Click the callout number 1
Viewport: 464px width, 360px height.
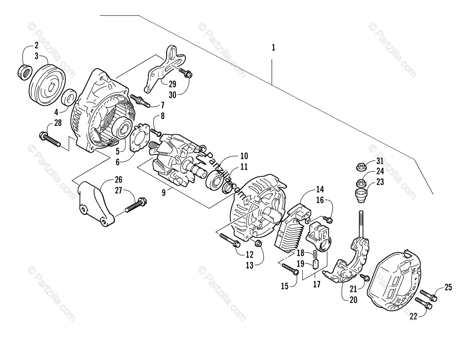click(273, 48)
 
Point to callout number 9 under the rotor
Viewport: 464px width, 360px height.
click(164, 192)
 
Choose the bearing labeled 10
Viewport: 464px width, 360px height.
click(215, 179)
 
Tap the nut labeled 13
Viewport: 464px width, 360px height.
click(259, 243)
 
